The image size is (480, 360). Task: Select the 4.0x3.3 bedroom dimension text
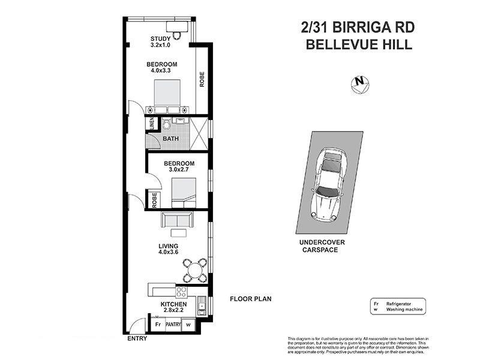[160, 71]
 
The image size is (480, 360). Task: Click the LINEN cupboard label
[152, 124]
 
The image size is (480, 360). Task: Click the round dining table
[196, 270]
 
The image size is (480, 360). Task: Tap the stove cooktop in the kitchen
[182, 292]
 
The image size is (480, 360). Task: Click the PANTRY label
[173, 325]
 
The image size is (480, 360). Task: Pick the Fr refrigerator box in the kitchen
[158, 325]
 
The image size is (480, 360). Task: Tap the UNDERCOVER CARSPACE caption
[322, 245]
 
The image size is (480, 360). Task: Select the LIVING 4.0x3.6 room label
[169, 249]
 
